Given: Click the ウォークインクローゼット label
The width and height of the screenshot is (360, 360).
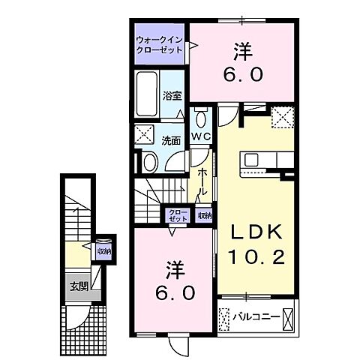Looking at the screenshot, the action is point(160,44).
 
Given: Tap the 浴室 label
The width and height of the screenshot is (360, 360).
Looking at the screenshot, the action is point(172,96).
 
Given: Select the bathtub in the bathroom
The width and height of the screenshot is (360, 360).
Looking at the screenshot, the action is point(147,94).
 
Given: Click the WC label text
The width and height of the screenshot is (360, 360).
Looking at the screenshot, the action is point(201,136).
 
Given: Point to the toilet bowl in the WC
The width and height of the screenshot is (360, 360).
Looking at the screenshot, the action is point(201,118).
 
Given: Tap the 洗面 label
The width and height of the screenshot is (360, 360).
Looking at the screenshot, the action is point(171,141).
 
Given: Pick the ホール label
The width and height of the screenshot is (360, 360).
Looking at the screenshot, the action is point(202,181).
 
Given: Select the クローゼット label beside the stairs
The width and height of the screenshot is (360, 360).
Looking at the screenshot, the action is point(178,215).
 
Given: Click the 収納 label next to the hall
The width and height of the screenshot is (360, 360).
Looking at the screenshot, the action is point(205,215).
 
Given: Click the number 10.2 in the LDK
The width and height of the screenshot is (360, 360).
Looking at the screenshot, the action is point(256,256).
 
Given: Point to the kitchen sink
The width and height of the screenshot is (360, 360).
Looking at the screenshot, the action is point(251,160).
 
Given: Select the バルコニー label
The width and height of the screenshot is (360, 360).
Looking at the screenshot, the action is point(256,317).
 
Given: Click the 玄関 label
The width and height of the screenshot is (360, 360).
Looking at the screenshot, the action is point(79,286).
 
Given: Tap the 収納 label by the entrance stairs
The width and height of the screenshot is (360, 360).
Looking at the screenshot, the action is point(104,251).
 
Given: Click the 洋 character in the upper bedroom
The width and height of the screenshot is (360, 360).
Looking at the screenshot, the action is point(243,52).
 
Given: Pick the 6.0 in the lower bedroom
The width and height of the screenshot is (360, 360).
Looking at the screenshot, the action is point(175,293).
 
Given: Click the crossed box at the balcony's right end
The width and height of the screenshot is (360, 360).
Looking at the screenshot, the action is point(287,319).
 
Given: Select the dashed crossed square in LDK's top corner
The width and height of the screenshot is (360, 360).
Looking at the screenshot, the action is point(283,117).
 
